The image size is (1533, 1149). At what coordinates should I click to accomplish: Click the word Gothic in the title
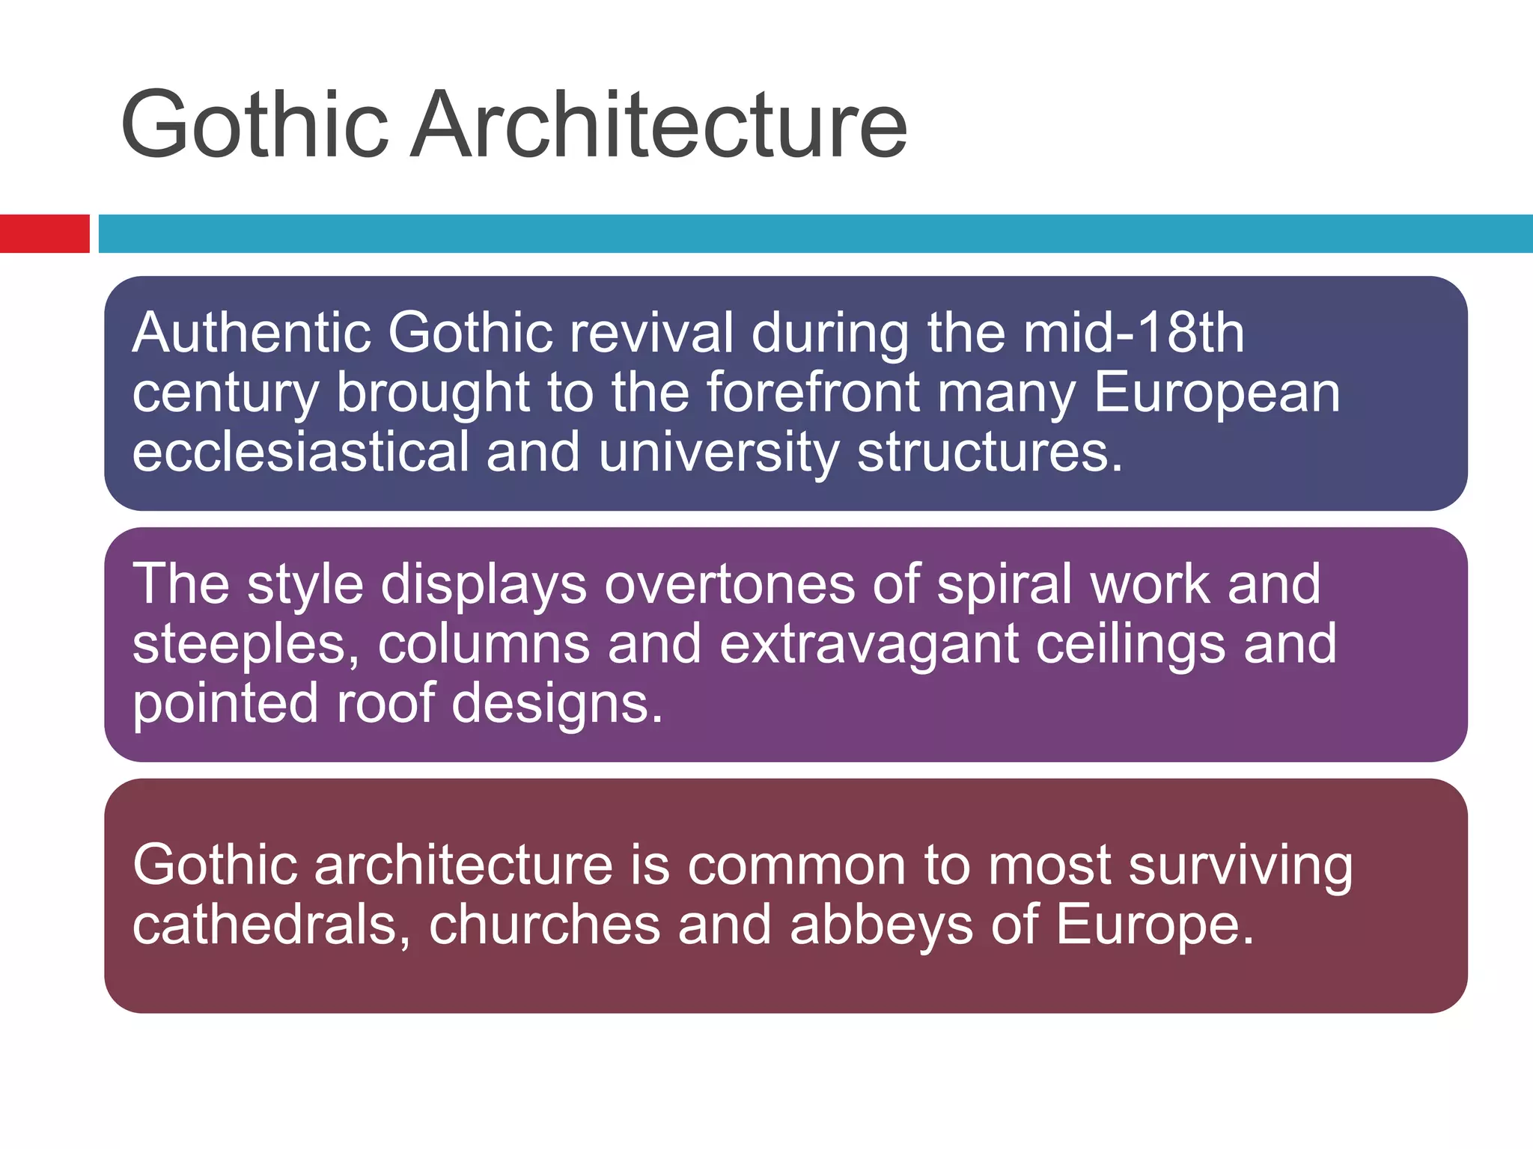255,126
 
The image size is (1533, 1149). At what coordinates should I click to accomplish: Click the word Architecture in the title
659,126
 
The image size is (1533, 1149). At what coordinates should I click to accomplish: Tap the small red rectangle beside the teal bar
44,233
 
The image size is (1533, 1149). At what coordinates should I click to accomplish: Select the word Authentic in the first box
252,333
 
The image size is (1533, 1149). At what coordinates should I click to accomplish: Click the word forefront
813,393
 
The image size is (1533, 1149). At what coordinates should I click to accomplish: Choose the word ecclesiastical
300,453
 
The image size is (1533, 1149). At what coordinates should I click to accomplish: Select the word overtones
729,584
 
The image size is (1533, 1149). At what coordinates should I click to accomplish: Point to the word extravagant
868,644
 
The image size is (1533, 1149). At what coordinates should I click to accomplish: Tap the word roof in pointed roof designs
385,704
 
